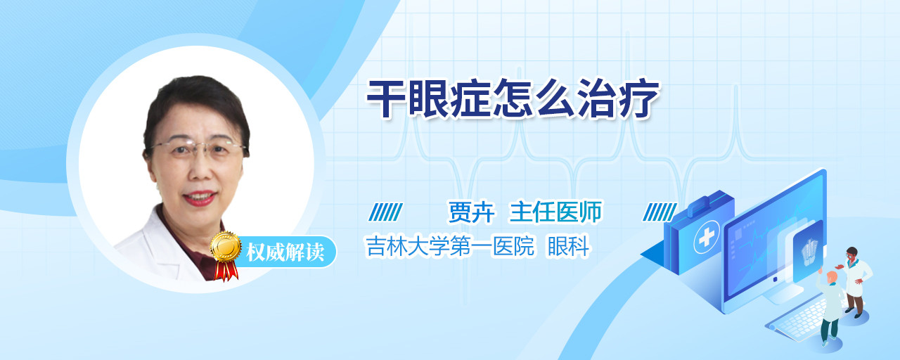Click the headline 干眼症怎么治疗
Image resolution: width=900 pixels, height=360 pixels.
pyautogui.click(x=513, y=98)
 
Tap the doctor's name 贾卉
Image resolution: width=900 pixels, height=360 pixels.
pyautogui.click(x=472, y=212)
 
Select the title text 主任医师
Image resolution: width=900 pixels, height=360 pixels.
pyautogui.click(x=555, y=212)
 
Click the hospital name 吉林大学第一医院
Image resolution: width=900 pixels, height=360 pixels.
pyautogui.click(x=450, y=245)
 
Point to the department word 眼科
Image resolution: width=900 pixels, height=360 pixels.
pyautogui.click(x=569, y=245)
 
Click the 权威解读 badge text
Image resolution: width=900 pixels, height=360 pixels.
pyautogui.click(x=285, y=252)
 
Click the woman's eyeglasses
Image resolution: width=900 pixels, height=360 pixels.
pyautogui.click(x=197, y=148)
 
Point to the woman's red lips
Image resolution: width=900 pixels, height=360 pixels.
pyautogui.click(x=200, y=198)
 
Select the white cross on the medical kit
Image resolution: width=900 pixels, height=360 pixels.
pyautogui.click(x=706, y=237)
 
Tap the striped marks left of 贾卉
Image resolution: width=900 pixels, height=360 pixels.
pyautogui.click(x=385, y=212)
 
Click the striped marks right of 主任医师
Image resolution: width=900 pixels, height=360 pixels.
pyautogui.click(x=660, y=212)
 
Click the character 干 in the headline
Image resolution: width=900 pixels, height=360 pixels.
pyautogui.click(x=386, y=99)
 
